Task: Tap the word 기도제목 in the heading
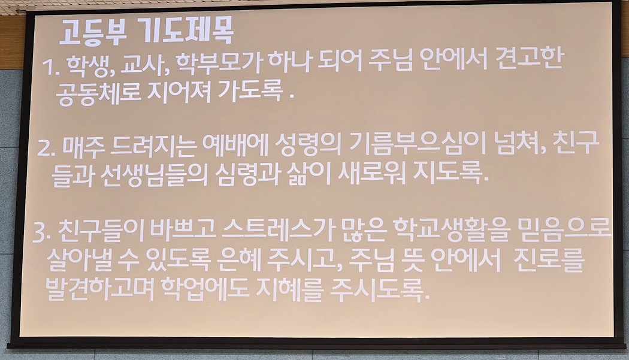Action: [x=188, y=31]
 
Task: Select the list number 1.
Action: [x=50, y=67]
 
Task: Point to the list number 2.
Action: [x=47, y=148]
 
